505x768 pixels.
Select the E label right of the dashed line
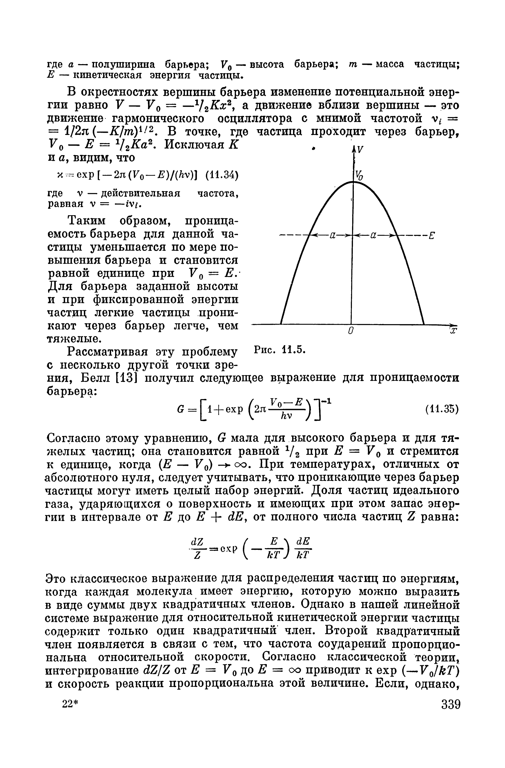tap(431, 236)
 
